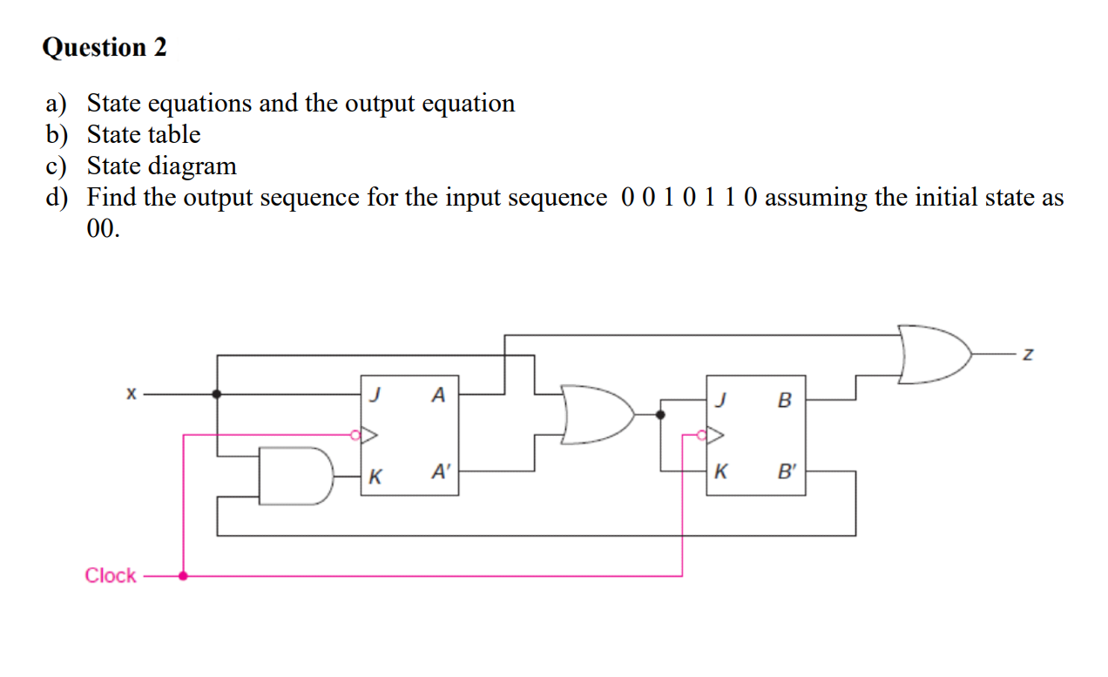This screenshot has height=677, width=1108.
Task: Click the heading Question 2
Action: (x=105, y=47)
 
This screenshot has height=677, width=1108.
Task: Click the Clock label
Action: (x=111, y=575)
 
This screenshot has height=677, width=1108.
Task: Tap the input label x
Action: (x=131, y=395)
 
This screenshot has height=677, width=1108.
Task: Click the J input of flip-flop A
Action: (x=374, y=395)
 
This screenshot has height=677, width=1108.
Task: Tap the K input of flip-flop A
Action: (x=375, y=476)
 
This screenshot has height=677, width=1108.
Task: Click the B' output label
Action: (x=787, y=473)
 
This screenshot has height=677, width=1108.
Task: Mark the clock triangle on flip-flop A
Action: (x=368, y=433)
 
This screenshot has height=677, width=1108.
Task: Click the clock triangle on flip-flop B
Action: (x=715, y=433)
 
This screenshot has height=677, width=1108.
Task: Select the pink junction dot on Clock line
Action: (x=183, y=575)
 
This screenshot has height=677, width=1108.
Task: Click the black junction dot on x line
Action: (x=217, y=394)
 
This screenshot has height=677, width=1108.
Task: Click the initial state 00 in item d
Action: (x=103, y=228)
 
